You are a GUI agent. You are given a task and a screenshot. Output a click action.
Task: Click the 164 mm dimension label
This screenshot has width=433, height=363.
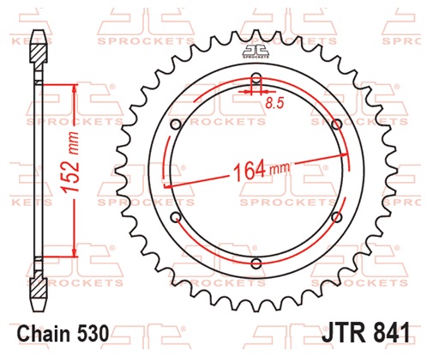(x=262, y=170)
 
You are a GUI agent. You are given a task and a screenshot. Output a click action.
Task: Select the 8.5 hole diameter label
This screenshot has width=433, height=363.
(x=274, y=103)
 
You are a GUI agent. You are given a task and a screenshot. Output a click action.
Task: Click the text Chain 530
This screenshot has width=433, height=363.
(x=63, y=334)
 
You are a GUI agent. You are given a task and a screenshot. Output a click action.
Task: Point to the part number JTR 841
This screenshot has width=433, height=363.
(x=366, y=333)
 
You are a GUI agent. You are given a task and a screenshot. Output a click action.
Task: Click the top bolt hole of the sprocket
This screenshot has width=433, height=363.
(x=256, y=76)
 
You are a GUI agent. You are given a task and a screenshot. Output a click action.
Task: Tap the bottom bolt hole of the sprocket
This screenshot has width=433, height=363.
(x=256, y=263)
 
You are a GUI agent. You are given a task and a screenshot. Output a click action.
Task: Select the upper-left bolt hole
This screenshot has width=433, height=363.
(x=176, y=124)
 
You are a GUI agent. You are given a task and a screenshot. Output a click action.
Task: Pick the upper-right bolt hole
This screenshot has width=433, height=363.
(x=337, y=124)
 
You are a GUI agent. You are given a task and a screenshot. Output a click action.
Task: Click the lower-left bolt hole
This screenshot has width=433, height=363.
(x=176, y=217)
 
